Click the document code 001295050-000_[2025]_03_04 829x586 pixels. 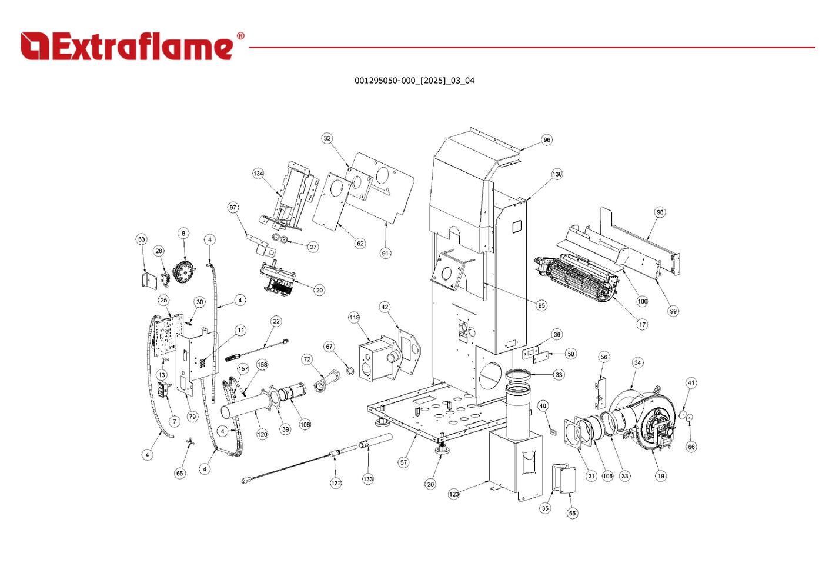coord(414,81)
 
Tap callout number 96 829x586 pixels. coord(547,140)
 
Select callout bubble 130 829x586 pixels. coord(557,174)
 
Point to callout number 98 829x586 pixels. coord(660,212)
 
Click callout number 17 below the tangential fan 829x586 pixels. coord(642,324)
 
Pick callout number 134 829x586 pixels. coord(258,174)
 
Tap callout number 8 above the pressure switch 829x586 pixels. coord(183,234)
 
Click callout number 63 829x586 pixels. coord(141,239)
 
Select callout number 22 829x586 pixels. coord(276,321)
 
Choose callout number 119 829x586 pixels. coord(354,318)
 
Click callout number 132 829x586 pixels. coord(335,483)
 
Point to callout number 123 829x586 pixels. coord(454,494)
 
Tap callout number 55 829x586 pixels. coord(572,513)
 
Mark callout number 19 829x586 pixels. coord(661,476)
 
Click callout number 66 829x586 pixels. coord(691,447)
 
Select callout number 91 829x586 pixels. coord(385,253)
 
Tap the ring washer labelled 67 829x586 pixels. coord(349,372)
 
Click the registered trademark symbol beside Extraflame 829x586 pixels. coord(240,36)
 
